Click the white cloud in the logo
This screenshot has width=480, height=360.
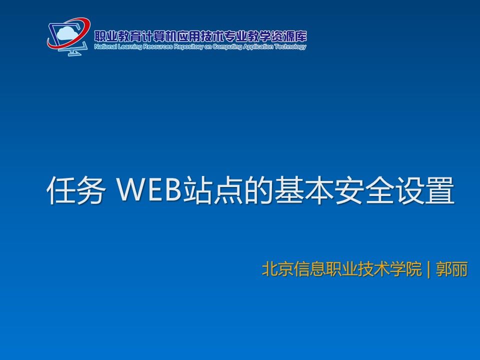coord(66,33)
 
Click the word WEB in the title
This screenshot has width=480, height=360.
coord(149,190)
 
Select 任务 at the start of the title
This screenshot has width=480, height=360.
coord(75,190)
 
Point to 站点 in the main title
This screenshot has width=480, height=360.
coord(213,190)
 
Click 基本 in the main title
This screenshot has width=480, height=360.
coord(303,190)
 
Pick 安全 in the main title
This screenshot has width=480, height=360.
coord(364,190)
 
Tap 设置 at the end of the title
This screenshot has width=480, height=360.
coord(425,190)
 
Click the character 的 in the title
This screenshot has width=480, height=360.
coord(258,190)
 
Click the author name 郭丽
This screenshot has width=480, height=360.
coord(452,269)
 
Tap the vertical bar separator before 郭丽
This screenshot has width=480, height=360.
coord(428,269)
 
